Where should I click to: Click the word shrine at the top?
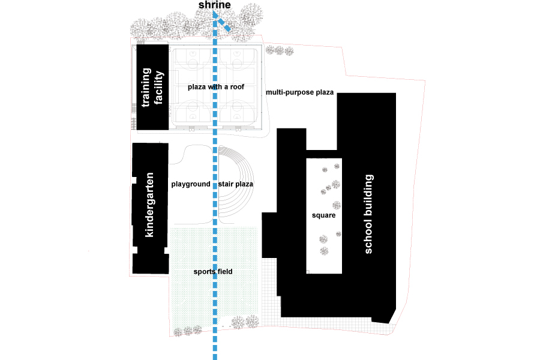[215, 5]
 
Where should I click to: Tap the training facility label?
[152, 87]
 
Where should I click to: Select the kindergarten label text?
[149, 205]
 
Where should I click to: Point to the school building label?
[368, 214]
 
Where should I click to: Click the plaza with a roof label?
[216, 87]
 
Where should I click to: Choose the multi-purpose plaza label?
[299, 92]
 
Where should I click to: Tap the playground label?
[191, 184]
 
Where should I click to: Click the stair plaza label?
[236, 184]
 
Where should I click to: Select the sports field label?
[213, 271]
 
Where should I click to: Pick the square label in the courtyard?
[324, 215]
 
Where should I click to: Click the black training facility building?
[152, 87]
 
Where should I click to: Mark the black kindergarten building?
[151, 208]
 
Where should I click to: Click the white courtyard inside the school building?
[324, 216]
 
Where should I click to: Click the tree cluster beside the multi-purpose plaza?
[279, 50]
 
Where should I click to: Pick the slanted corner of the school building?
[392, 317]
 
